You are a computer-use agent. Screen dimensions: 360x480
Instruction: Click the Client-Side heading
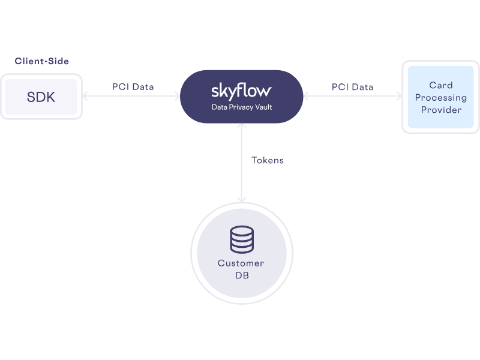[41, 61]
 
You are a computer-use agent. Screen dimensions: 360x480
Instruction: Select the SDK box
[41, 97]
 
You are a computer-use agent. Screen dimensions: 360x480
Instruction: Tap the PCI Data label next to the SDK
[133, 87]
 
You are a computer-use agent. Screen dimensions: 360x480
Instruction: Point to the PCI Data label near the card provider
[352, 87]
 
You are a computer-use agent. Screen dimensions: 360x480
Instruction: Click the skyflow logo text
[241, 91]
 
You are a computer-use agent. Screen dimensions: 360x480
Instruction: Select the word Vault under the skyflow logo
[260, 107]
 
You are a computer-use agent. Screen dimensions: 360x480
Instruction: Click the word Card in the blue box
[440, 85]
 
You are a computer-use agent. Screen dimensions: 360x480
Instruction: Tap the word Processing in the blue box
[440, 97]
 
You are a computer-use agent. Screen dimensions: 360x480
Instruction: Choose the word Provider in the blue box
[440, 110]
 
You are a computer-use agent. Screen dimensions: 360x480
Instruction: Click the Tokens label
[267, 160]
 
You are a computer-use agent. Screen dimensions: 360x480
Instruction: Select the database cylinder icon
[241, 239]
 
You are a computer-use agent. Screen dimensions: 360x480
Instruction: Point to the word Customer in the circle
[241, 263]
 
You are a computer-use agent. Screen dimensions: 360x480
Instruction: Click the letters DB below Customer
[241, 275]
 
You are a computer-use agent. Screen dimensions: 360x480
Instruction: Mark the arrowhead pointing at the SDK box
[86, 97]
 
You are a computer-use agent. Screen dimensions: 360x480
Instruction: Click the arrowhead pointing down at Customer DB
[241, 200]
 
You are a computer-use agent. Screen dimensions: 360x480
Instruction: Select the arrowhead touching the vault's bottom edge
[241, 127]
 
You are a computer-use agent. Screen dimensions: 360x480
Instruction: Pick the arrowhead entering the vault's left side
[176, 97]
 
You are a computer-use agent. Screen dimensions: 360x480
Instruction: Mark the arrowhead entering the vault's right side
[307, 97]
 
